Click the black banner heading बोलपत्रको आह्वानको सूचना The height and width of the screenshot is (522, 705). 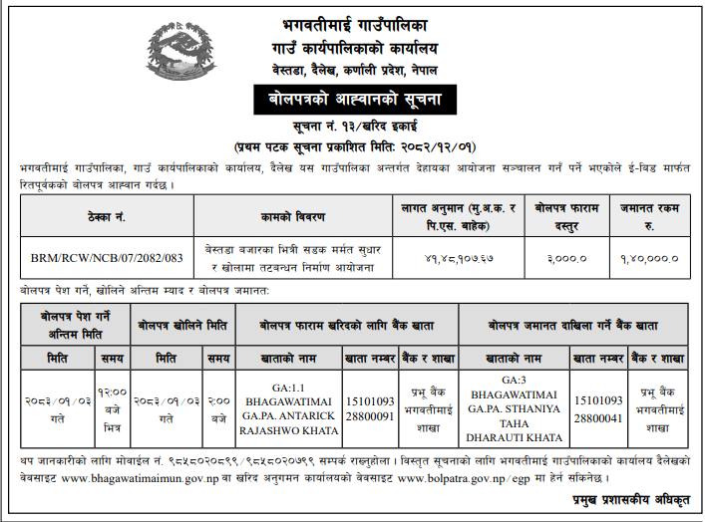point(351,99)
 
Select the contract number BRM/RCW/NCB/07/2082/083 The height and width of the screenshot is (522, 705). point(107,256)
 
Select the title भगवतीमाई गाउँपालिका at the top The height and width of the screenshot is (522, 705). point(351,17)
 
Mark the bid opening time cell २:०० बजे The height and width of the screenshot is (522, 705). point(217,406)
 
